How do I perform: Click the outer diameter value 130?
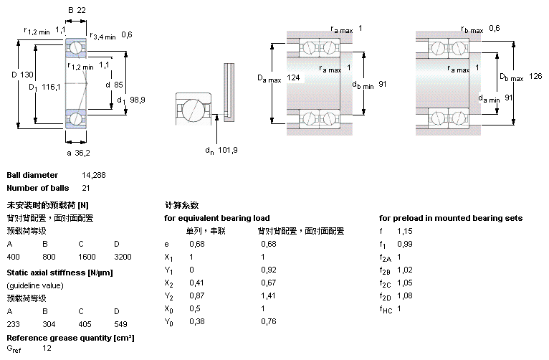point(27,75)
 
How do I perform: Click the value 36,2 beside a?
point(82,153)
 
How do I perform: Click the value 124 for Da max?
point(293,77)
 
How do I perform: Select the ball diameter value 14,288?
point(94,175)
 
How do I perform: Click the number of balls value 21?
point(87,188)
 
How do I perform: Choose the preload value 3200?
point(123,256)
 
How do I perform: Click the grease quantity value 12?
point(47,349)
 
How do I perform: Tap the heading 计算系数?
point(181,205)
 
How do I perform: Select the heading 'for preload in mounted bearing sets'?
point(450,218)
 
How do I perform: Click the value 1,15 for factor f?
point(405,231)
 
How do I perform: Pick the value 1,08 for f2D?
point(405,295)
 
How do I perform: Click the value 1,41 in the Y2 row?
point(269,295)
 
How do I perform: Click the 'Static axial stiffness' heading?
point(59,273)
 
